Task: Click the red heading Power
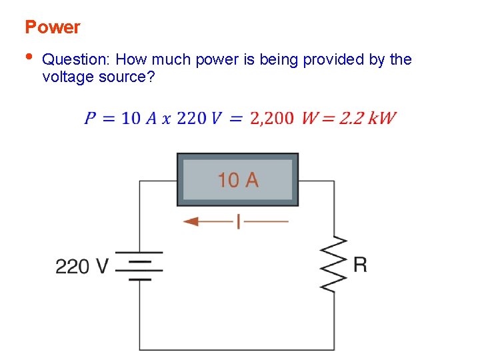(x=52, y=27)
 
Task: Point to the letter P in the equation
(x=90, y=119)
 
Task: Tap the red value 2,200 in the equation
(x=271, y=119)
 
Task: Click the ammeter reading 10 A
(x=237, y=179)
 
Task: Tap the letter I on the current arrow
(x=238, y=221)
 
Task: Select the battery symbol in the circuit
(x=139, y=266)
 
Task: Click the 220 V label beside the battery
(x=81, y=267)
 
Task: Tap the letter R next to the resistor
(x=360, y=265)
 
